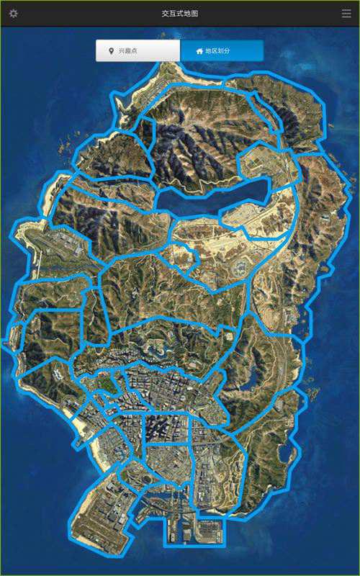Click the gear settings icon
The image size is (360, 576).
(x=13, y=14)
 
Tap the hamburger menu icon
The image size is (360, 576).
(x=346, y=14)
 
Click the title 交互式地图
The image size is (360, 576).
(x=180, y=14)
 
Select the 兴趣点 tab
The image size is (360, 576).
(x=138, y=51)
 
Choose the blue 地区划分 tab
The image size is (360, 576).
(x=222, y=51)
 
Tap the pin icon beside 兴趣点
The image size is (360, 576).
(x=110, y=51)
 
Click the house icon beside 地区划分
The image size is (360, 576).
(x=199, y=51)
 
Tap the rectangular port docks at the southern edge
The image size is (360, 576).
(x=194, y=529)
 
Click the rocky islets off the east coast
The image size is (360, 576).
(x=313, y=392)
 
